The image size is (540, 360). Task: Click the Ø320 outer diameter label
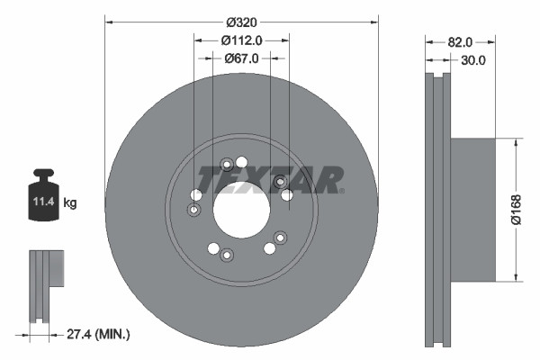[241, 20]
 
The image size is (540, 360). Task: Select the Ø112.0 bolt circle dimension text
[241, 39]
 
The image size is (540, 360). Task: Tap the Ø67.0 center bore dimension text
[241, 58]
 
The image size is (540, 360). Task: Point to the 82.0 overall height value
[460, 41]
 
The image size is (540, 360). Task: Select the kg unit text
[70, 204]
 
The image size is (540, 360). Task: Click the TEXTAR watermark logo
[270, 178]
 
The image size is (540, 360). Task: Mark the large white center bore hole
[241, 210]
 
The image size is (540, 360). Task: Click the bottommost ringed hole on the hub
[227, 256]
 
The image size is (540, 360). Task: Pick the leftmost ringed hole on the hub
[193, 211]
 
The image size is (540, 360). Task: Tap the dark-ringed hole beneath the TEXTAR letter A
[279, 181]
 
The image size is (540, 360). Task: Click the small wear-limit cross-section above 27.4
[44, 283]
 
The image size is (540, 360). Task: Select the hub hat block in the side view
[472, 209]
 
